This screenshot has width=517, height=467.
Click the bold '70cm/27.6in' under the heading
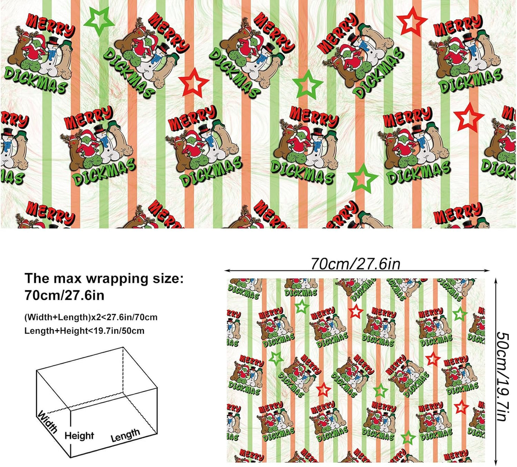(64, 296)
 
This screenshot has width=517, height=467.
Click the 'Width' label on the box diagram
(48, 421)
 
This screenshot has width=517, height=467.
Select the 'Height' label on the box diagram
(79, 436)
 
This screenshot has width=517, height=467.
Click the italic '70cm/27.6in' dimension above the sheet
(355, 264)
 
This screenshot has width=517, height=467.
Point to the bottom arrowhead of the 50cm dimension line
(496, 463)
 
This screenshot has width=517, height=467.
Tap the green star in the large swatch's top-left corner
(98, 21)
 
